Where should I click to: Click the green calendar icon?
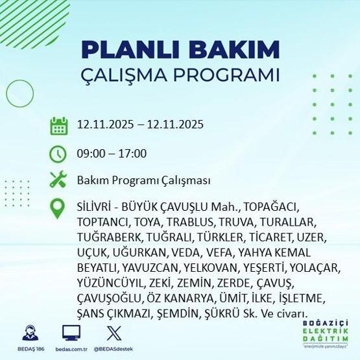click(x=59, y=125)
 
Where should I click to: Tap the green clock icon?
click(x=59, y=154)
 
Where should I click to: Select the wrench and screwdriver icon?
click(x=59, y=180)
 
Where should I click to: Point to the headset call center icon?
click(x=30, y=334)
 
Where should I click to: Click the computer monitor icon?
click(x=71, y=333)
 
